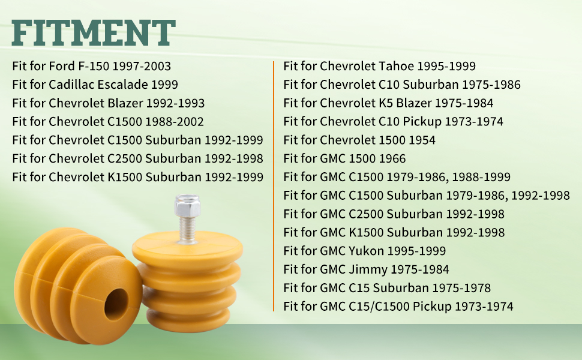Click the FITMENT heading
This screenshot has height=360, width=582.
pyautogui.click(x=94, y=33)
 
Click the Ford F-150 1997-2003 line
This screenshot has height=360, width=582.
pyautogui.click(x=91, y=66)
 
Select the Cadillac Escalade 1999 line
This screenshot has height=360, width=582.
pyautogui.click(x=95, y=85)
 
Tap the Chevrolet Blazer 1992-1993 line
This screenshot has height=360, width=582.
pyautogui.click(x=109, y=103)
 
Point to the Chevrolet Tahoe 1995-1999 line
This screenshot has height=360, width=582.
pyautogui.click(x=379, y=66)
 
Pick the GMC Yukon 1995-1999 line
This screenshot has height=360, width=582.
pyautogui.click(x=364, y=251)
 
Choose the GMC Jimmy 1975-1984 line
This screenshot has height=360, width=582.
pyautogui.click(x=366, y=269)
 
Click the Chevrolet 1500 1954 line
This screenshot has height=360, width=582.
pyautogui.click(x=359, y=140)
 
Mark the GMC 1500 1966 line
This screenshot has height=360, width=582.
pyautogui.click(x=344, y=159)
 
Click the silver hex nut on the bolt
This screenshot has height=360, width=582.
pyautogui.click(x=187, y=205)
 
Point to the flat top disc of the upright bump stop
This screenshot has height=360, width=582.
pyautogui.click(x=187, y=246)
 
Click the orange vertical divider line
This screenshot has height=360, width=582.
pyautogui.click(x=274, y=187)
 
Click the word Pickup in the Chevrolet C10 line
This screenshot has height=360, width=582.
pyautogui.click(x=422, y=122)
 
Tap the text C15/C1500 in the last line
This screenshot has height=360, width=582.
pyautogui.click(x=379, y=307)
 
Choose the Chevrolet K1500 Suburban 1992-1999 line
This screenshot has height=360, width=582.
pyautogui.click(x=138, y=178)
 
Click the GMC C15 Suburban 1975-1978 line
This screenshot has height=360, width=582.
pyautogui.click(x=387, y=288)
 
